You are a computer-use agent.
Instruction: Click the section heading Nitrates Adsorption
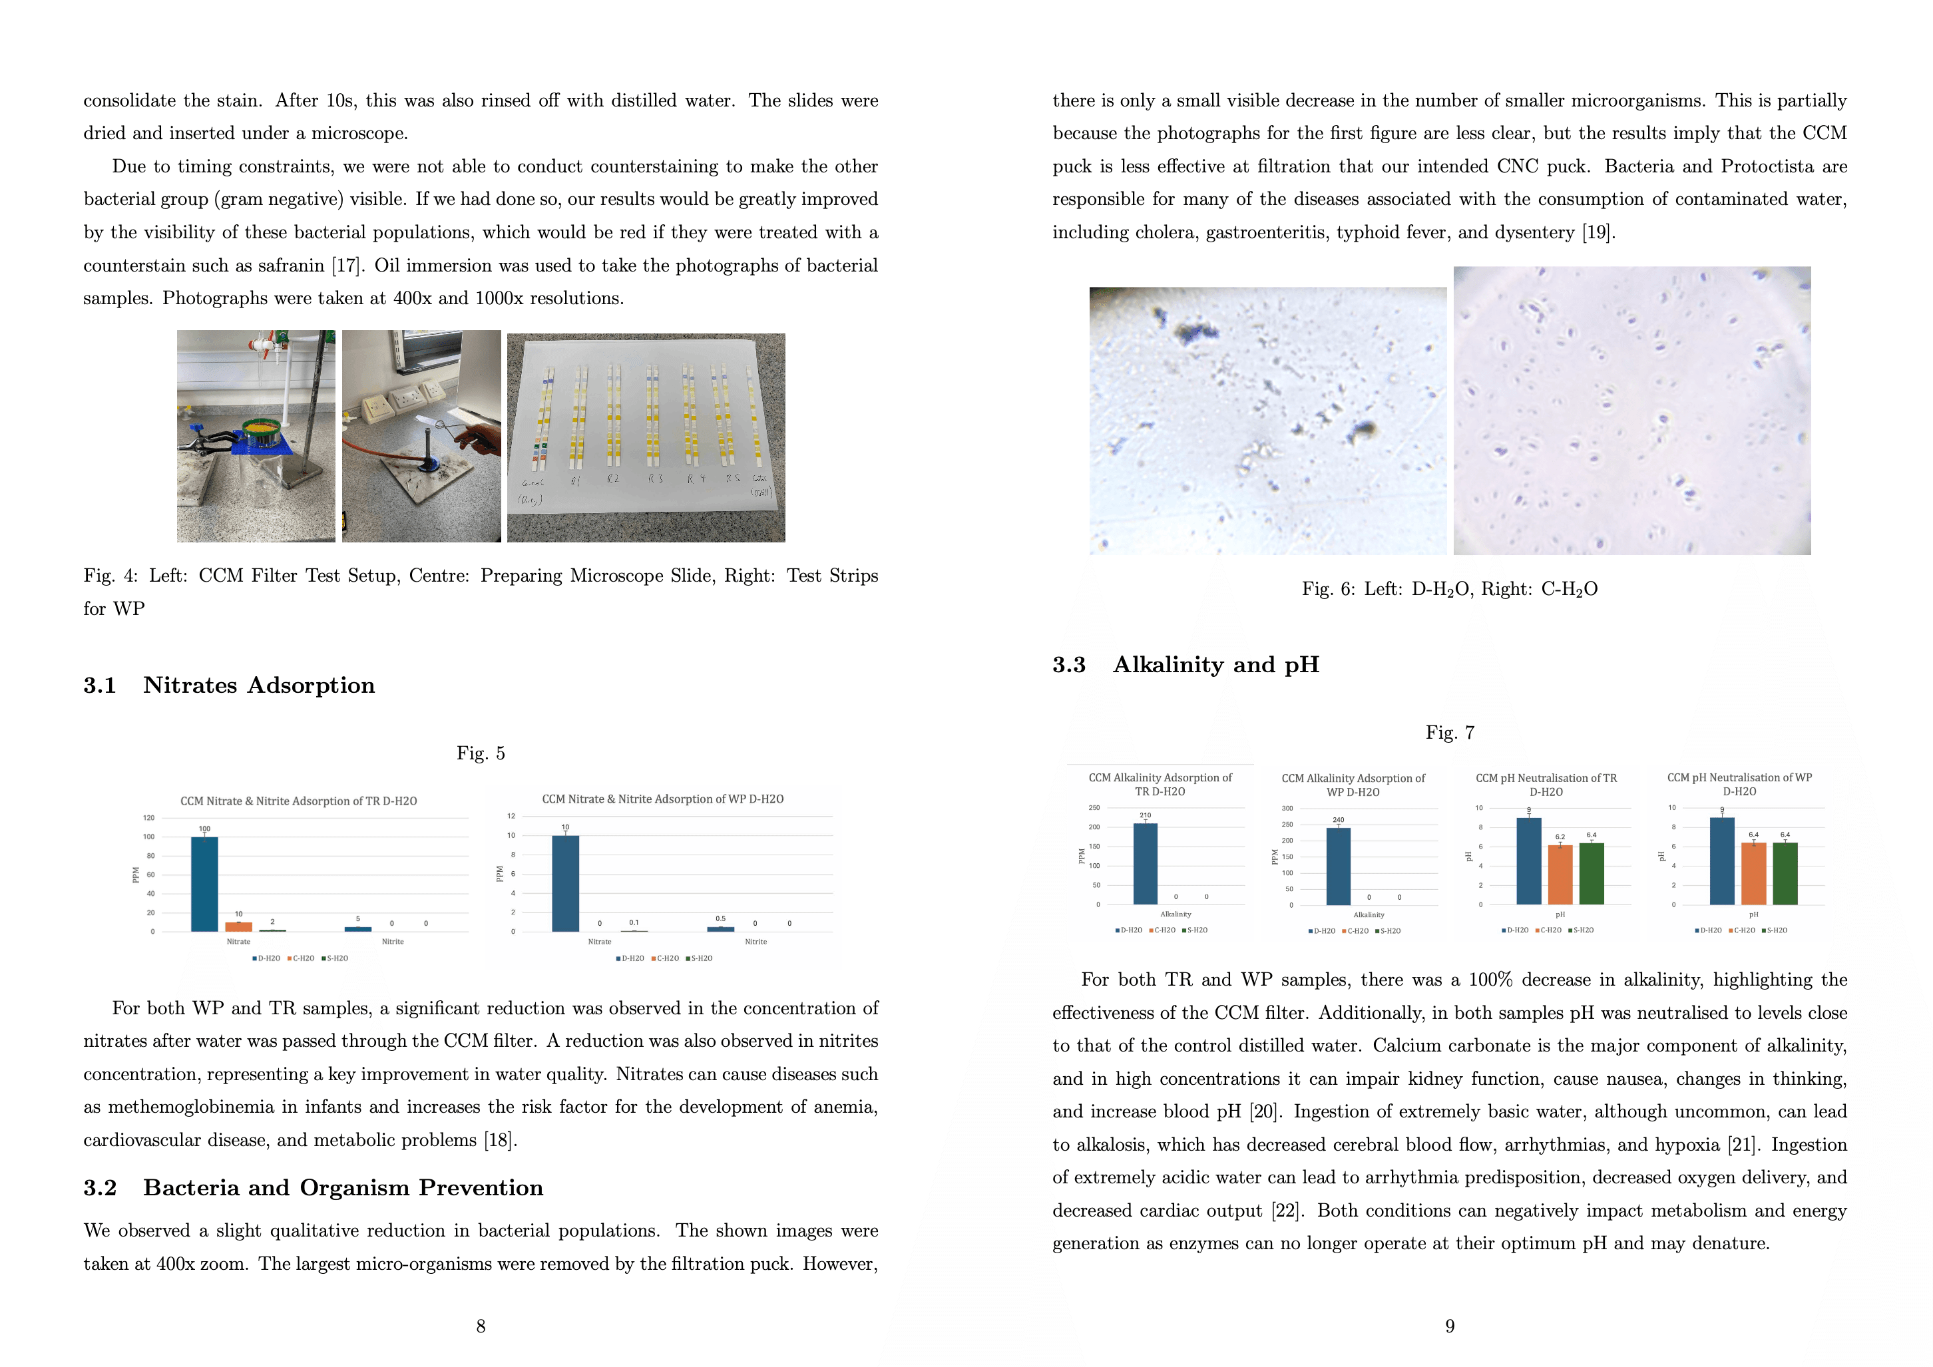coord(258,685)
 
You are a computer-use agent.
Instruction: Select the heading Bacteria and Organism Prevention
coord(343,1188)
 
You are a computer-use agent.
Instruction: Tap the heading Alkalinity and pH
coord(1215,665)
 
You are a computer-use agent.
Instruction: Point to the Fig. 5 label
coord(481,753)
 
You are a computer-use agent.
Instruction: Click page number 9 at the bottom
coord(1450,1326)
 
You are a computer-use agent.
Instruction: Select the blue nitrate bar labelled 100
coord(204,884)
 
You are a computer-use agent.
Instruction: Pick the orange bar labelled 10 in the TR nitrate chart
coord(238,927)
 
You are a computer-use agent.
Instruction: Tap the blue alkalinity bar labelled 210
coord(1145,864)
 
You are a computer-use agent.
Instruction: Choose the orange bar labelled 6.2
coord(1560,875)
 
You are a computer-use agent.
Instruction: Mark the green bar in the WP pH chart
coord(1785,874)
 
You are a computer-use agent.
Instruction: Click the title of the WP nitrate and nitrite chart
coord(662,799)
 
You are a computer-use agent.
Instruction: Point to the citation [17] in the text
coord(346,266)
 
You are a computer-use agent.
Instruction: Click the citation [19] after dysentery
coord(1597,232)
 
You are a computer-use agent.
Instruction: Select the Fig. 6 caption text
coord(1449,589)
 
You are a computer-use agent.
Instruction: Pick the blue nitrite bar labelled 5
coord(358,928)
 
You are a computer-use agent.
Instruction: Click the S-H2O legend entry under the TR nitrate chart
coord(334,959)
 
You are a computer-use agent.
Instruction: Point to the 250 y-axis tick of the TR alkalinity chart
coord(1094,808)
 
